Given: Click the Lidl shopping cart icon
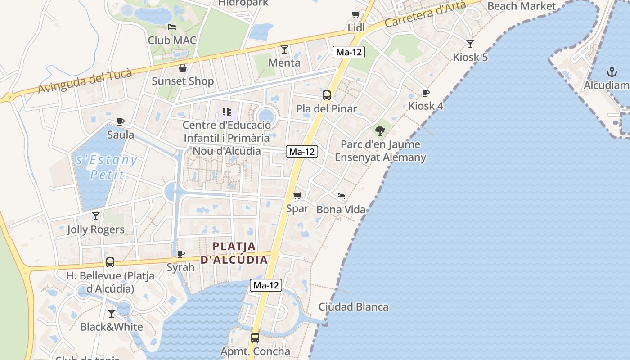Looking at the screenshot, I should pos(355,15).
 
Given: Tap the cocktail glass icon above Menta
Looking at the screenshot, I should pos(284,49).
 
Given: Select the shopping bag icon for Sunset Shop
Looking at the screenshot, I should pos(183,68).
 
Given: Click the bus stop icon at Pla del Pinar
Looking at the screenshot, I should pos(327,95).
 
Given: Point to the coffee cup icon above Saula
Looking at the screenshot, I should pos(120,121).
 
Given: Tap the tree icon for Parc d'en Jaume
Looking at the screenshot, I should pos(380,131).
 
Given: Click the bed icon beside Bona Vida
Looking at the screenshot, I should pos(341,196).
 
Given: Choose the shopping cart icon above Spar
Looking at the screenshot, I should pos(297,195).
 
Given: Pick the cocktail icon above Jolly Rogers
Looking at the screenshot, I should pos(96,216).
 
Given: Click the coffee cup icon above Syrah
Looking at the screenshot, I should pos(181,254).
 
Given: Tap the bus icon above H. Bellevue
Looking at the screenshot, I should pos(110,262).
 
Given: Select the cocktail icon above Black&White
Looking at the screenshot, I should pos(112,313).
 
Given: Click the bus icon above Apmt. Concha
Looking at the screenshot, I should pos(255,337).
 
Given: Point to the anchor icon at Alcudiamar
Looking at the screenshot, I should pos(612,72).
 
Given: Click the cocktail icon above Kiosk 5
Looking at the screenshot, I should pos(470,44).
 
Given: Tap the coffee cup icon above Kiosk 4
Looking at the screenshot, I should pos(425,93).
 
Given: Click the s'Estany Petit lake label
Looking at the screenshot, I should pos(107,167).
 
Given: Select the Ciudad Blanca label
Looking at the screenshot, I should pos(353,307).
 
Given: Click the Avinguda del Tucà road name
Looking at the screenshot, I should pos(85,81).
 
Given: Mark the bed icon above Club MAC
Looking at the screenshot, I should pos(172,27).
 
